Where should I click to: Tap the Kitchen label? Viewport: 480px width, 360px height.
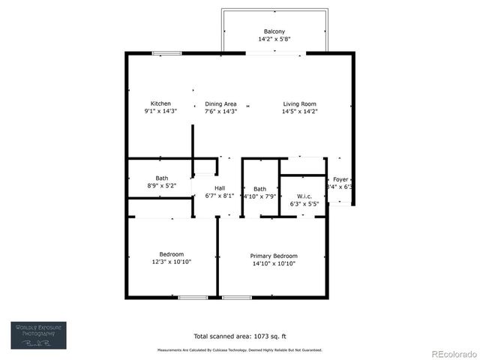[x=160, y=103]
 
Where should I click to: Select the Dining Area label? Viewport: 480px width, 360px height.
[x=220, y=103]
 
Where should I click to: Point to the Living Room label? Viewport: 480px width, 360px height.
[x=299, y=103]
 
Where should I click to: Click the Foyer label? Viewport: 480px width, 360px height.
[x=340, y=179]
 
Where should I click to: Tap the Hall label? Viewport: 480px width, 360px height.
[x=220, y=187]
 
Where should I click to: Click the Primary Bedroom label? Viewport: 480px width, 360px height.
[x=273, y=256]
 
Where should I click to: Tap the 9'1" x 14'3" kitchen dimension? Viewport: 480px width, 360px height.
[x=160, y=111]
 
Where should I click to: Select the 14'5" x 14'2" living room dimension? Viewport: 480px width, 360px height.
[x=299, y=111]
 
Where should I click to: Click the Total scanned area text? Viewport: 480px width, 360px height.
[x=239, y=336]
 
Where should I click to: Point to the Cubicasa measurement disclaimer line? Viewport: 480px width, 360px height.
[x=239, y=350]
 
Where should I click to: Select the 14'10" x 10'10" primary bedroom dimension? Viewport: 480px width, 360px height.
[x=273, y=264]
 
